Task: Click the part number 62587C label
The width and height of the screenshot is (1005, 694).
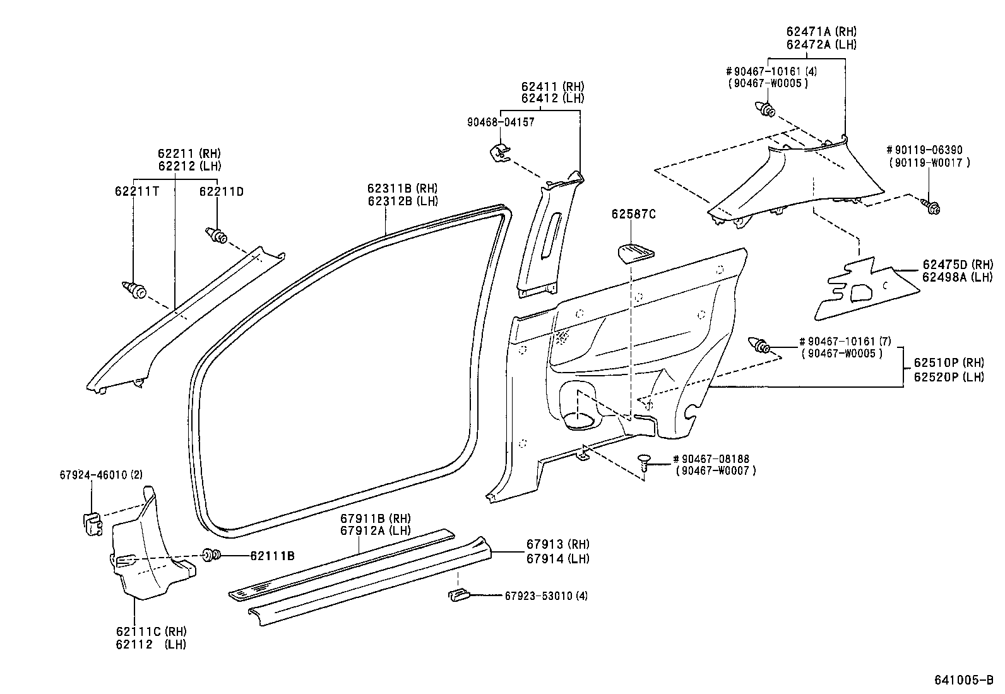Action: [633, 215]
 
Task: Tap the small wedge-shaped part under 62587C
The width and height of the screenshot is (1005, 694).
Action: [635, 253]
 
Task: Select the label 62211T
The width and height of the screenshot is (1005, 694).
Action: [136, 191]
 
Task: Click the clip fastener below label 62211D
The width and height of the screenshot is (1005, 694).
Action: [218, 236]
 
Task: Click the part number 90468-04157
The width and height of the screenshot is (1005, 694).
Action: [501, 123]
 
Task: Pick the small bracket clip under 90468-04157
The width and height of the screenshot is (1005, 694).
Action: [501, 152]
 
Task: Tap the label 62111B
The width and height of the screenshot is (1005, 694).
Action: [272, 556]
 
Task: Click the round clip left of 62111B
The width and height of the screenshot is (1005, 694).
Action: [211, 556]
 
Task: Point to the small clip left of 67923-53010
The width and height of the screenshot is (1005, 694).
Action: [458, 594]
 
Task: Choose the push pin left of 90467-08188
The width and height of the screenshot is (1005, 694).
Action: [643, 462]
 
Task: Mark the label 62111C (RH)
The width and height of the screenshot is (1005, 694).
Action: [151, 631]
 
